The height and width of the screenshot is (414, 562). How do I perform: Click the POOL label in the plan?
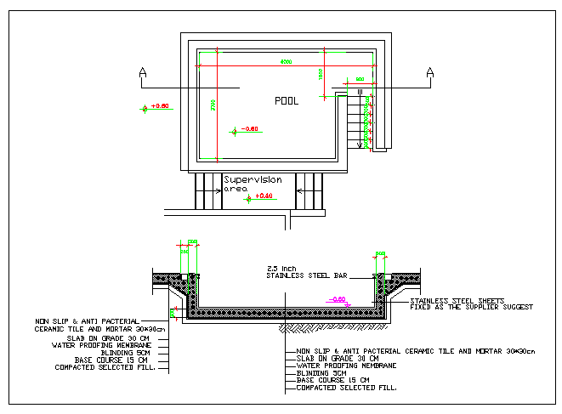coord(287,100)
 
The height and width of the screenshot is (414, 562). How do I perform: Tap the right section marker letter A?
coord(430,71)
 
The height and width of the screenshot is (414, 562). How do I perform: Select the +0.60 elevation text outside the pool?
coord(160,106)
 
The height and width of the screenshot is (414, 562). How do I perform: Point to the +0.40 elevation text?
coord(264,196)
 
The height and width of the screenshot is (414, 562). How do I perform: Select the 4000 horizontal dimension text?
coord(287,62)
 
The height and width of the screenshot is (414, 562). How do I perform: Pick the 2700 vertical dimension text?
coord(213,107)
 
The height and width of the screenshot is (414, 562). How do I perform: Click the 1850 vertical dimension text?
coord(321,74)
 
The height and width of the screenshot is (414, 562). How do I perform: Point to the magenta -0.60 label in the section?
coord(337,299)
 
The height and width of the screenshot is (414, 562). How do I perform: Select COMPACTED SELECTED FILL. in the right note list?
coord(346,388)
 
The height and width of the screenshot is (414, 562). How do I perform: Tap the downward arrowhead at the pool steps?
coord(360,145)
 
